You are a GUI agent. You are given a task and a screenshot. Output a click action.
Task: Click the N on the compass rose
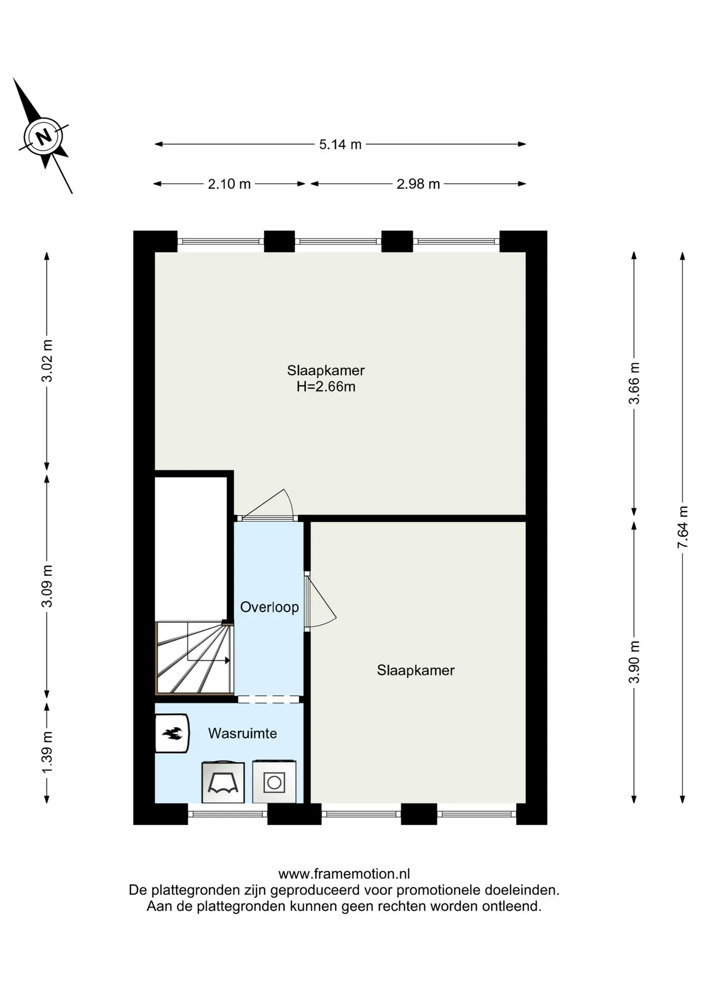coord(43,137)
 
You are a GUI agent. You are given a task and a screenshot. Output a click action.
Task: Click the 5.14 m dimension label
coord(340,145)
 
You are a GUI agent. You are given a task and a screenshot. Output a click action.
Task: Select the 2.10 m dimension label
coord(229,184)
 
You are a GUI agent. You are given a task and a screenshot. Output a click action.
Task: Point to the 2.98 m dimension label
coord(418,184)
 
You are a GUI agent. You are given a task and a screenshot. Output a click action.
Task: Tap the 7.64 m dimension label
coord(682,527)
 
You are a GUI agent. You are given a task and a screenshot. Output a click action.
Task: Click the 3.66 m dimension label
coord(634,383)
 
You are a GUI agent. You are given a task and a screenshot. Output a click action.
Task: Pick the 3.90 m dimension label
coord(634,662)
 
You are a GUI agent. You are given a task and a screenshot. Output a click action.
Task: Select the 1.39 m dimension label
coord(47,753)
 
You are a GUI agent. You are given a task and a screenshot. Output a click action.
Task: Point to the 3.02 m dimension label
coord(47,361)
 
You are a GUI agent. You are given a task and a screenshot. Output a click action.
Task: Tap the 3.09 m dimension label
coord(47,586)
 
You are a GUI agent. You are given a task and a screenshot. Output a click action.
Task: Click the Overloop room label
coord(269,607)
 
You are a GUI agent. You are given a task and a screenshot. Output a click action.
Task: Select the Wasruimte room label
coord(243,733)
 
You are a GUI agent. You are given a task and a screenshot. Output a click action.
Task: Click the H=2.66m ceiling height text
coord(326,387)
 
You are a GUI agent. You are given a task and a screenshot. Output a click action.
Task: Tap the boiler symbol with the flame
coord(172,733)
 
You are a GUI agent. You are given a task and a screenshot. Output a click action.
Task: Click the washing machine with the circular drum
coord(274,782)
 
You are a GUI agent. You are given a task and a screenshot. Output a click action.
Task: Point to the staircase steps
coord(195,658)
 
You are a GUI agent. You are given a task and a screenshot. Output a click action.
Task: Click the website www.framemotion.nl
coord(344,874)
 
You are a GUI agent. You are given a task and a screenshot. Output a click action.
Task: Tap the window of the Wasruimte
coord(228,814)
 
